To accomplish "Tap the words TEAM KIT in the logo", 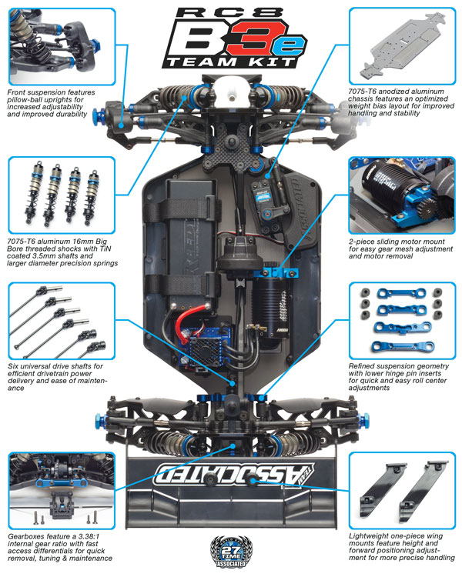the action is point(231,62).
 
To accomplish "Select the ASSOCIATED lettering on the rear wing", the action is point(235,474).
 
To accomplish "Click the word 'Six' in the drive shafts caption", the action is point(13,366).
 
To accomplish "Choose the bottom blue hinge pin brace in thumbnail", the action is point(403,347).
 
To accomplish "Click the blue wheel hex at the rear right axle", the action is point(366,419).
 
